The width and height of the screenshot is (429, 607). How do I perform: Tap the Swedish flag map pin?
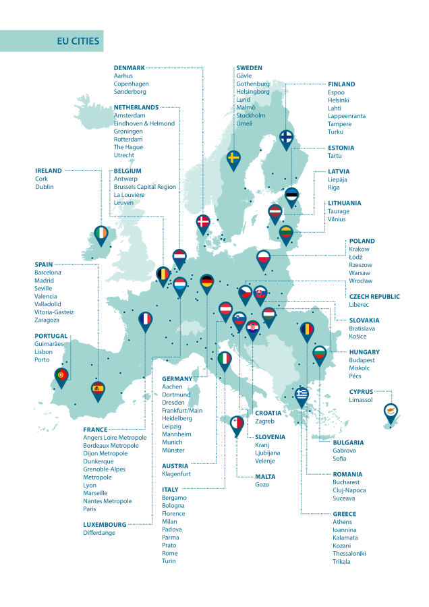233,159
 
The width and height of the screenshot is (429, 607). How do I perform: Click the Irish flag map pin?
101,234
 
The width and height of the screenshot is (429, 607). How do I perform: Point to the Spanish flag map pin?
98,389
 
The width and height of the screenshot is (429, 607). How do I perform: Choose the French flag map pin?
145,320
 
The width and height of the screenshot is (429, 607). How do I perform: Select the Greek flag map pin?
302,395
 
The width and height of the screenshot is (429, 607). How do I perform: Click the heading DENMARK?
129,68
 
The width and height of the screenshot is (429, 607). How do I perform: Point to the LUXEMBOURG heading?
105,524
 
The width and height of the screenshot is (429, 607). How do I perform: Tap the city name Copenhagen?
131,84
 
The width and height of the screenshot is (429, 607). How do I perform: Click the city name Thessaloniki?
349,554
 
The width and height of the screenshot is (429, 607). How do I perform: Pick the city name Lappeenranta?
347,116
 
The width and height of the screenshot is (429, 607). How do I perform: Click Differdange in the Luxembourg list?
99,533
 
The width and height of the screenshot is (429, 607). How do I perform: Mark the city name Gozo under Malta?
262,484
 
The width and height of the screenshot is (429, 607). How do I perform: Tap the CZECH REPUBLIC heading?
374,297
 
